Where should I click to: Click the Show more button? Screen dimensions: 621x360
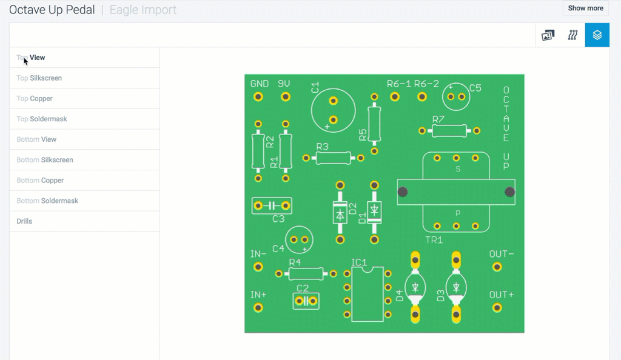click(585, 8)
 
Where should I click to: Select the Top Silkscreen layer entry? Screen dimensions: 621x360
click(39, 78)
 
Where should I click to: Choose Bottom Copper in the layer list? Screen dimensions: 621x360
click(40, 181)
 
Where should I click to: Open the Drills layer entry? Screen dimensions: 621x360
click(24, 221)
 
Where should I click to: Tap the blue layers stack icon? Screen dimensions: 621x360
click(597, 35)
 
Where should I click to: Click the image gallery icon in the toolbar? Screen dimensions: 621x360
click(548, 35)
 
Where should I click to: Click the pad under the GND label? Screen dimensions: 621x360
click(258, 96)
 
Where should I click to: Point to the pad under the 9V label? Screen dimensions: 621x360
click(286, 96)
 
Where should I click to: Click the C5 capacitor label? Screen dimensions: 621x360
click(475, 88)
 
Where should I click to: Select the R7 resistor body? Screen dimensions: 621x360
click(449, 130)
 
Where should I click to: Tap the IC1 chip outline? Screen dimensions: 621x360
click(368, 294)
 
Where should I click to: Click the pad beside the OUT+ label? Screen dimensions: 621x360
click(497, 308)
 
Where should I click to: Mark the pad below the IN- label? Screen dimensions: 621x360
click(258, 267)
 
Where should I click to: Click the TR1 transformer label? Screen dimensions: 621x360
click(434, 240)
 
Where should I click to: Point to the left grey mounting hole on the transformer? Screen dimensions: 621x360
click(403, 192)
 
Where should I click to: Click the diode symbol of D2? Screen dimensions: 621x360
click(340, 215)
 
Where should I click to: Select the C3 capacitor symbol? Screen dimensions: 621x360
click(272, 205)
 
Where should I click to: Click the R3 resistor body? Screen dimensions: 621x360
click(334, 158)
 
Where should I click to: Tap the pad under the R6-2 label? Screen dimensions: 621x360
click(422, 96)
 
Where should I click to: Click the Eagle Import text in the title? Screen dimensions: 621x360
click(143, 10)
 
